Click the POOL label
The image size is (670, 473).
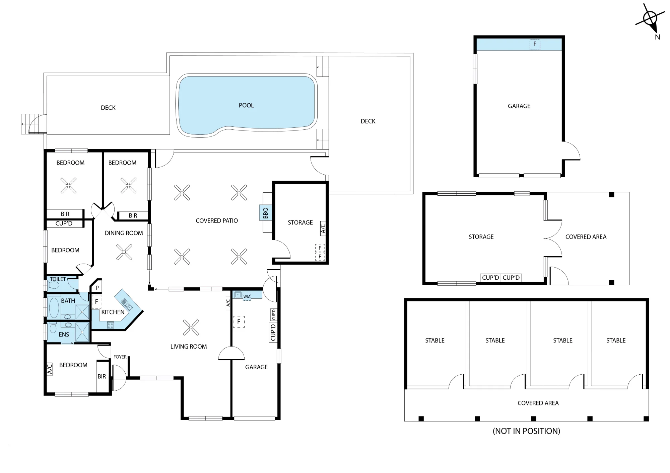246,105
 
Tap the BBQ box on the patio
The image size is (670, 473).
266,213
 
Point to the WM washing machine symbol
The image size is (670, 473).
247,297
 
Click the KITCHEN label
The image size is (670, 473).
113,312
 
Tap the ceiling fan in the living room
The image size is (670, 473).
191,327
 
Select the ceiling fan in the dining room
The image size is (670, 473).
124,252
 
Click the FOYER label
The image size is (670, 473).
120,357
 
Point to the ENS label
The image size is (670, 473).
64,335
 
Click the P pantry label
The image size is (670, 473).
97,288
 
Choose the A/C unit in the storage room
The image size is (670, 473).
323,228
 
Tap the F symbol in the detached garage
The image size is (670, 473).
535,44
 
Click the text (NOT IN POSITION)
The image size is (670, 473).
526,431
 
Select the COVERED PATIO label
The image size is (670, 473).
217,221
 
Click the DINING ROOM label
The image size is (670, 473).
124,233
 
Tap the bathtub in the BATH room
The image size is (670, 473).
54,308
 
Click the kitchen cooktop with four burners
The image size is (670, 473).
111,325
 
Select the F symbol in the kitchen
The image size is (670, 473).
96,302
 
